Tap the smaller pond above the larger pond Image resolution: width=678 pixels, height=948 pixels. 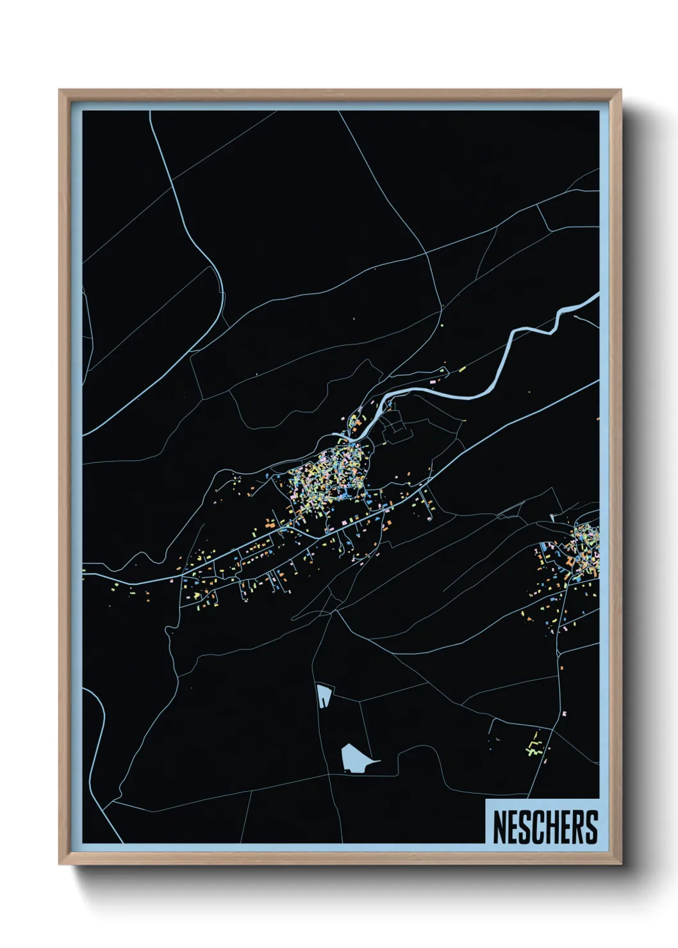click(324, 694)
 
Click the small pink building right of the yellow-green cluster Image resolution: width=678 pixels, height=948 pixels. click(564, 713)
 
